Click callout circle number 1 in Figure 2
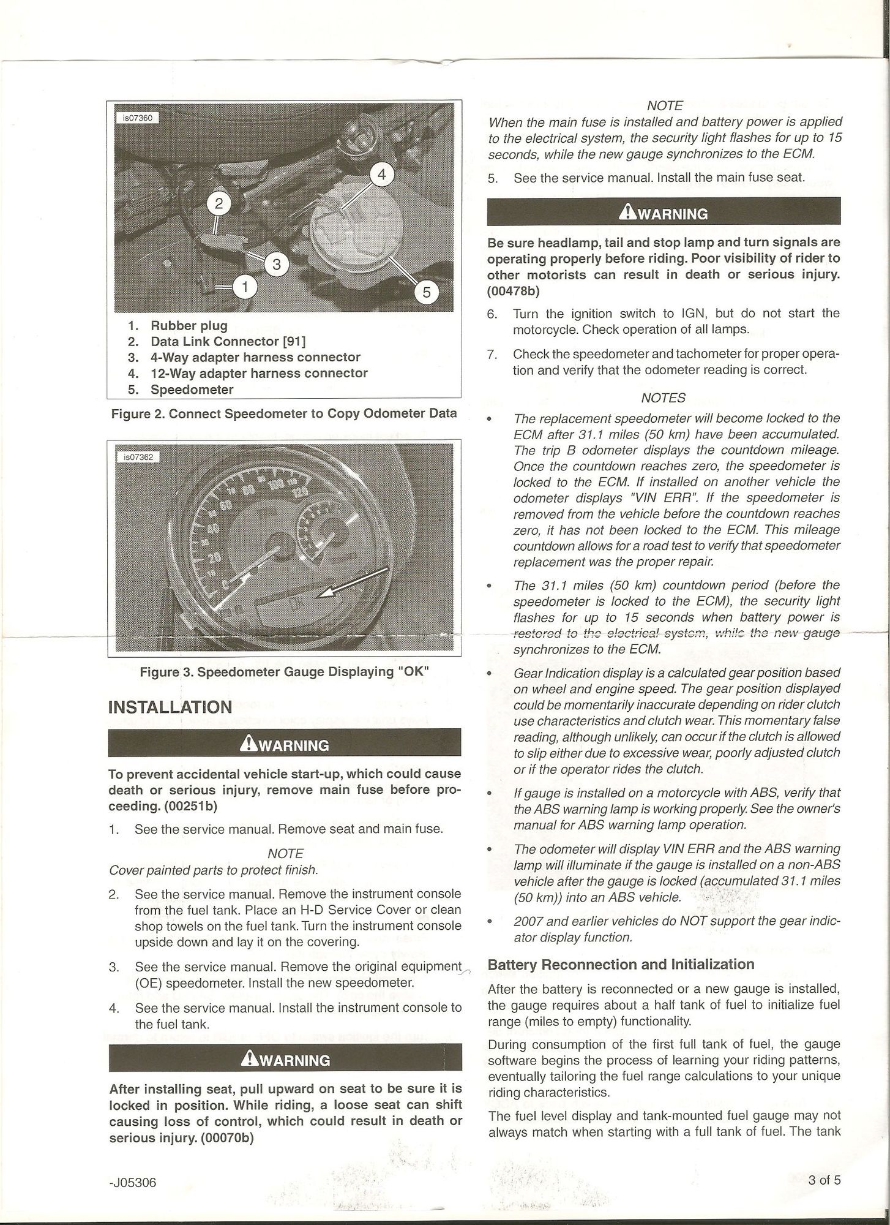pyautogui.click(x=245, y=285)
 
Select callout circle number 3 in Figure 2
pyautogui.click(x=277, y=264)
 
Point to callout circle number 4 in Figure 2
pyautogui.click(x=381, y=175)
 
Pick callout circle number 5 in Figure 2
pyautogui.click(x=427, y=292)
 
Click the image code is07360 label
pyautogui.click(x=137, y=118)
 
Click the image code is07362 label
pyautogui.click(x=137, y=456)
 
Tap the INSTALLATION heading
pyautogui.click(x=170, y=707)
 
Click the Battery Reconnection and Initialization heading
pyautogui.click(x=621, y=964)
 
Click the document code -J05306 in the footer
pyautogui.click(x=133, y=1182)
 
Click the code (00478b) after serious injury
pyautogui.click(x=513, y=290)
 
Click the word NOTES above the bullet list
pyautogui.click(x=664, y=398)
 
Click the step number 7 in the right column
pyautogui.click(x=492, y=354)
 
